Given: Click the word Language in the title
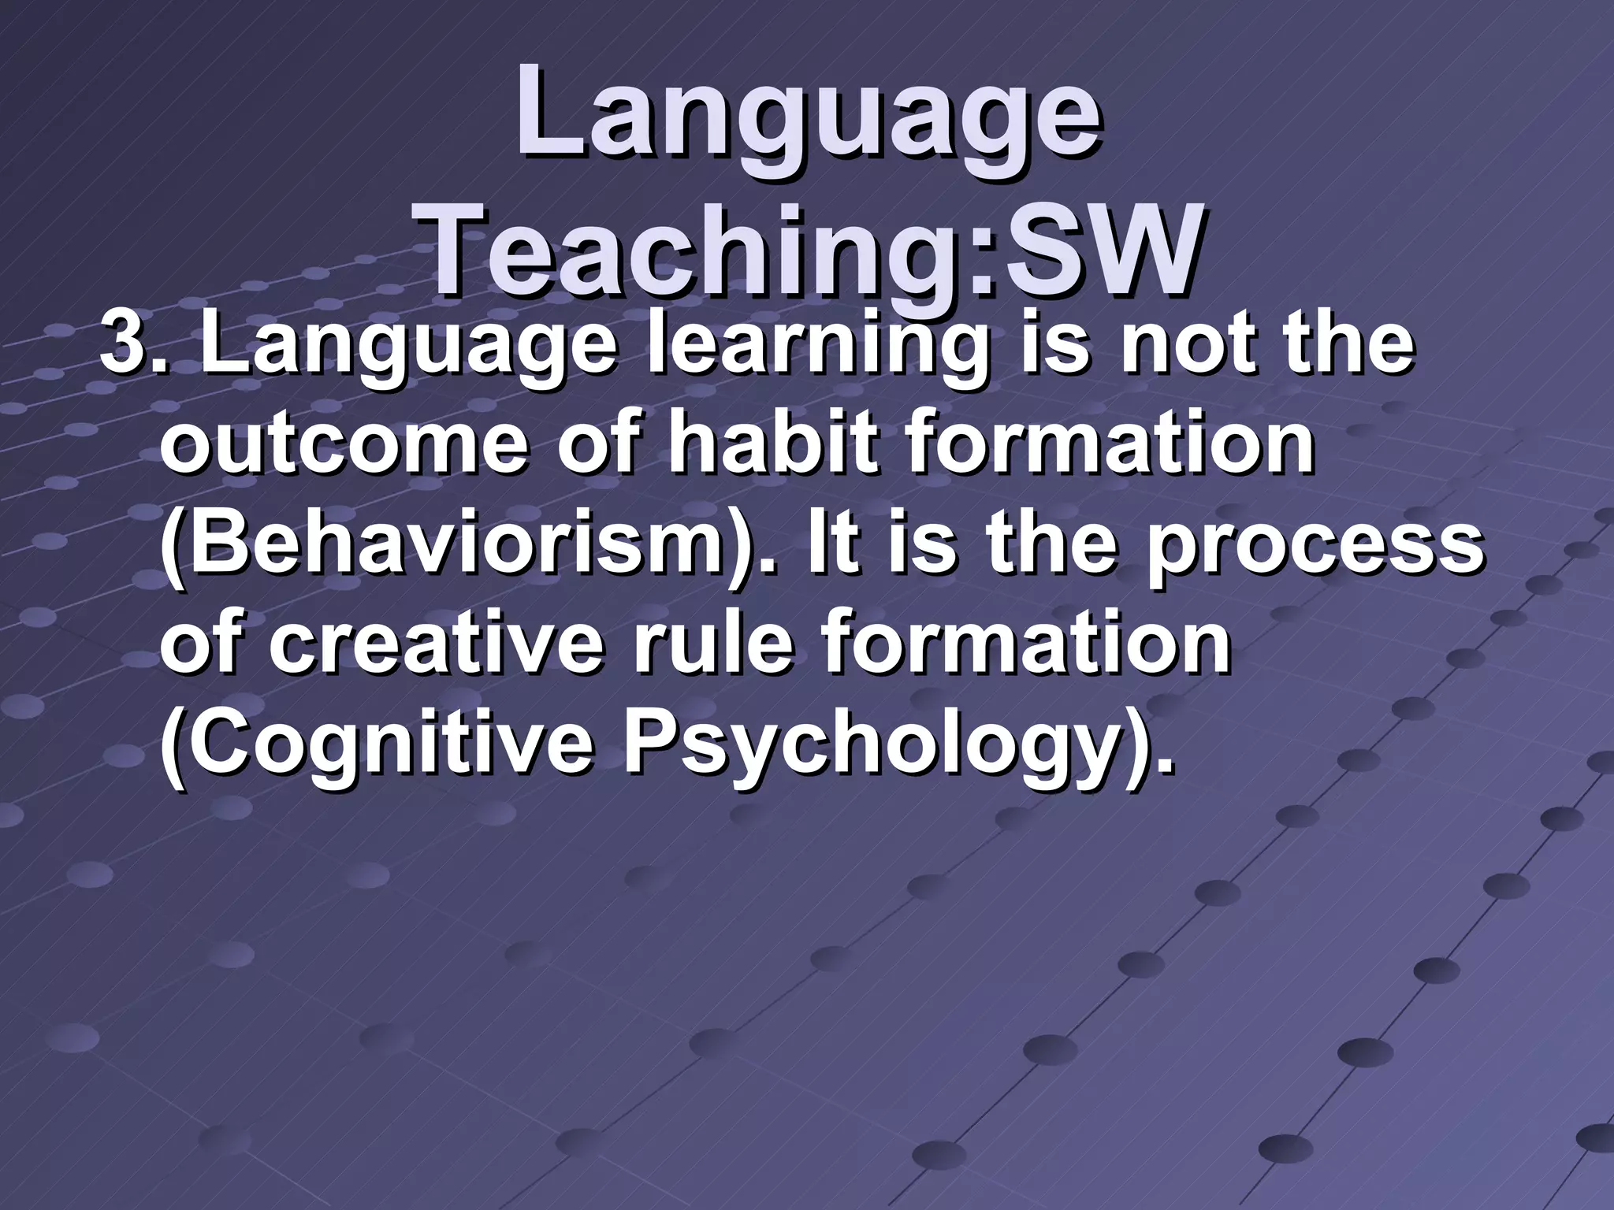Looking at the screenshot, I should click(x=809, y=117).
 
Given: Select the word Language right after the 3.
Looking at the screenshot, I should click(x=407, y=349).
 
